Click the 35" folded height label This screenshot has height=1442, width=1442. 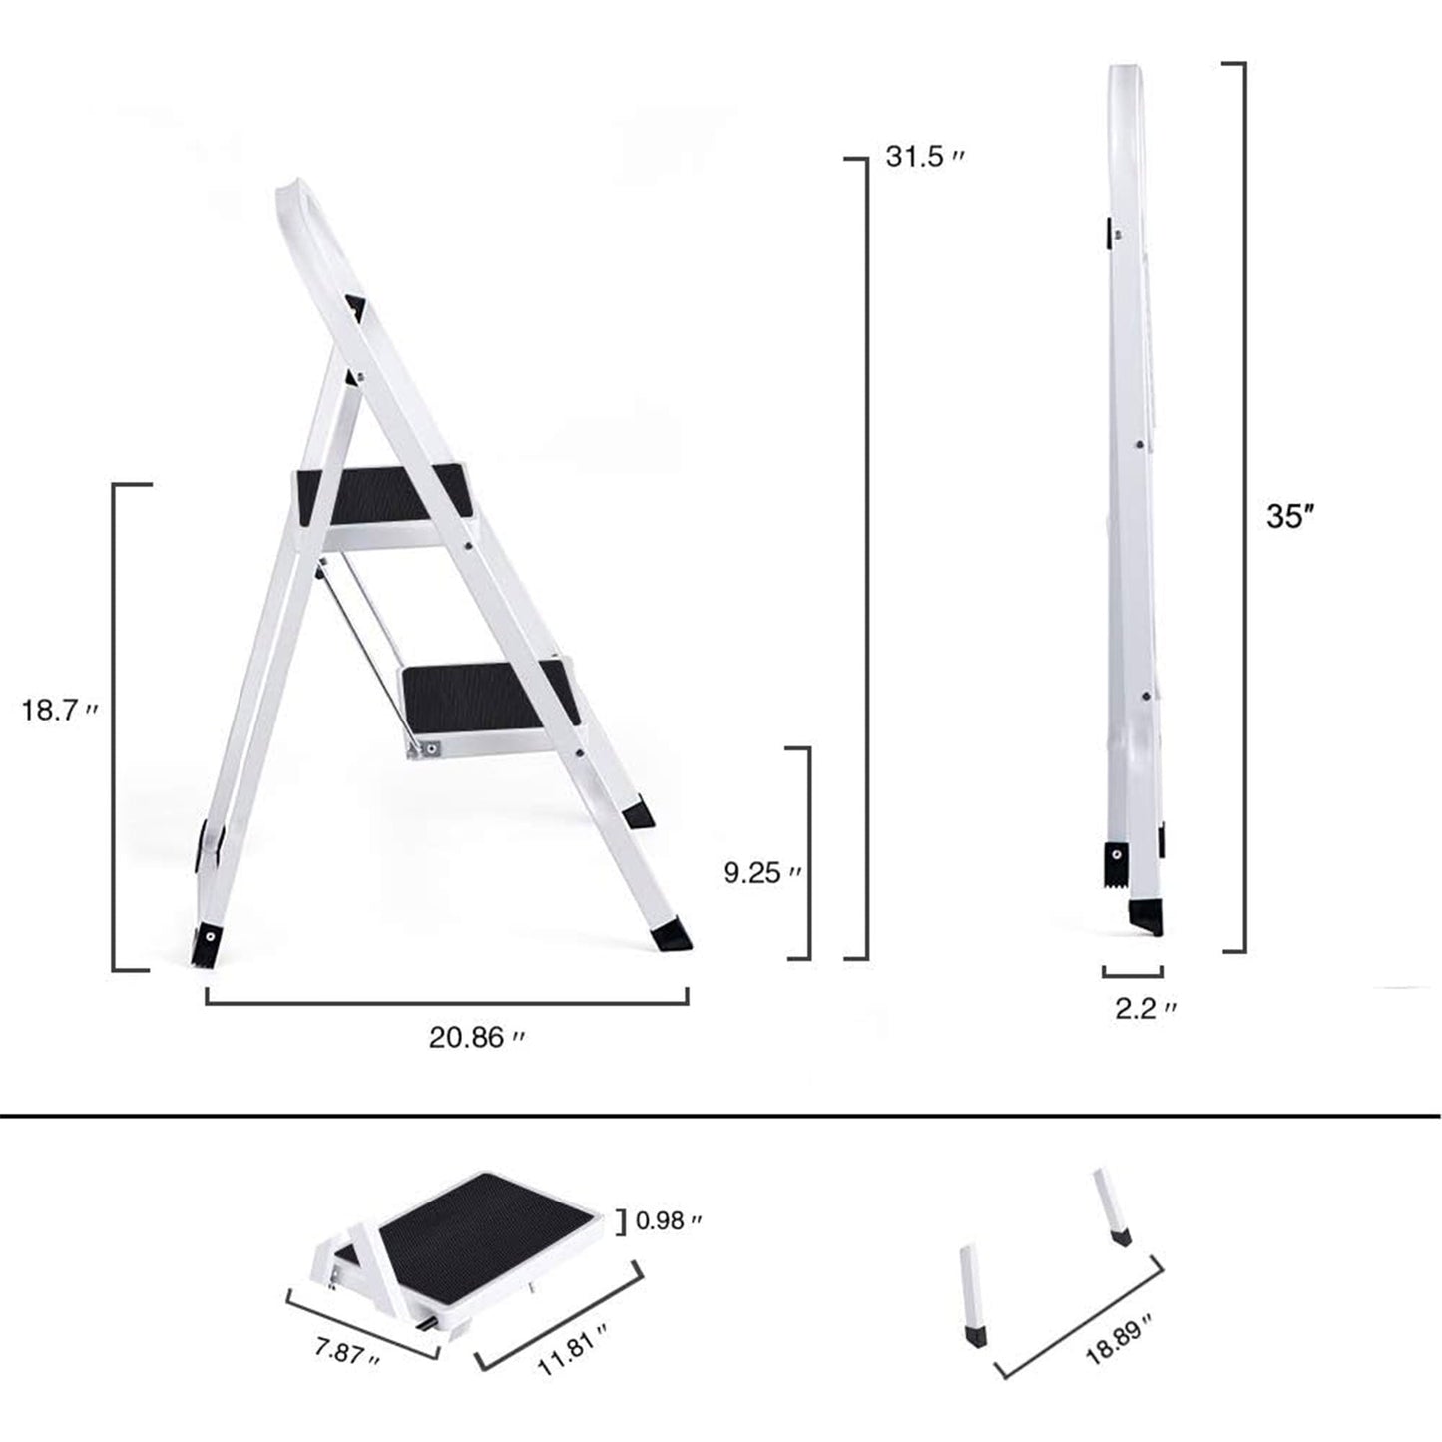tap(1288, 516)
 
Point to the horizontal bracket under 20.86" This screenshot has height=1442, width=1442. tap(446, 1001)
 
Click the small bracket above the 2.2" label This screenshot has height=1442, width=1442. tap(1133, 972)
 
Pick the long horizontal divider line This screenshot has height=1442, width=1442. tap(721, 1115)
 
